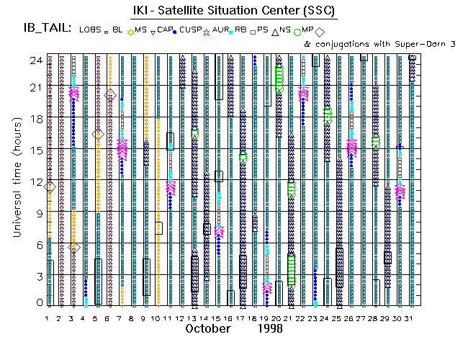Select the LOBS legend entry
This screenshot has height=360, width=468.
pyautogui.click(x=90, y=29)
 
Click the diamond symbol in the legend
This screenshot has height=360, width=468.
pyautogui.click(x=320, y=30)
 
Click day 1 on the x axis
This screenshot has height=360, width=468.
pyautogui.click(x=48, y=318)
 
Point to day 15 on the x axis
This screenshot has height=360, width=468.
pyautogui.click(x=217, y=318)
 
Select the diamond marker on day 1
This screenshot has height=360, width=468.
pyautogui.click(x=50, y=187)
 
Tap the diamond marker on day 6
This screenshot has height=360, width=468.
pyautogui.click(x=110, y=94)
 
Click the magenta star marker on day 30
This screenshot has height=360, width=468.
pyautogui.click(x=400, y=192)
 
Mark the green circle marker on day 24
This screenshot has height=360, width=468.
pyautogui.click(x=328, y=115)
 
